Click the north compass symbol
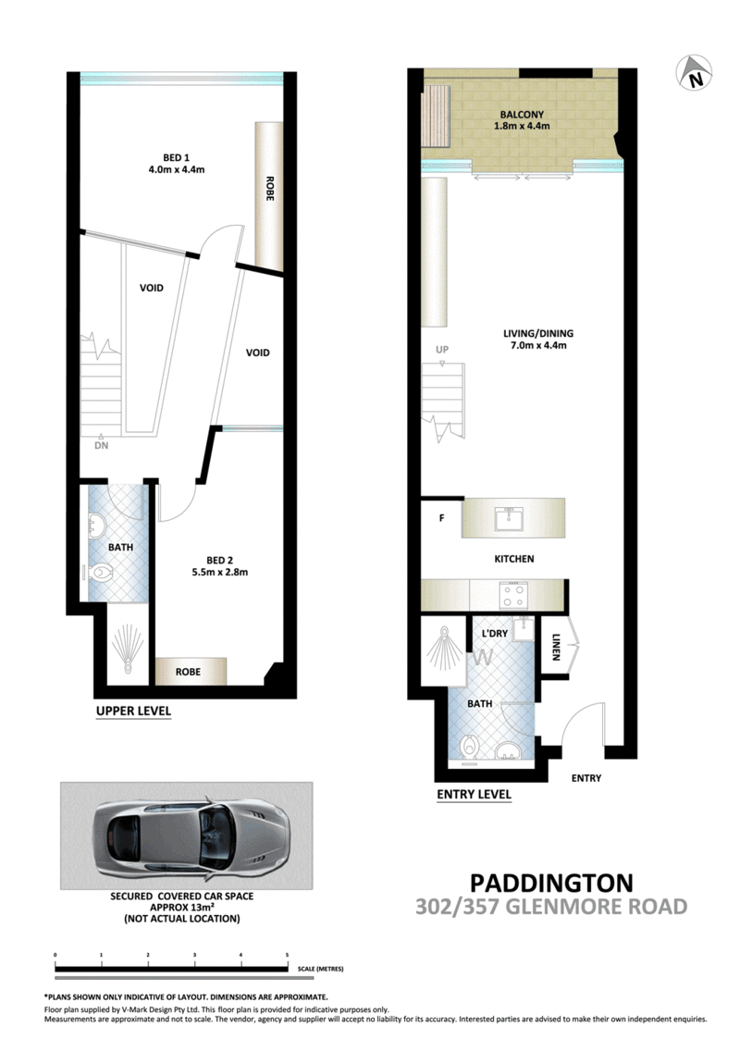tap(694, 74)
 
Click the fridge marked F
tap(441, 518)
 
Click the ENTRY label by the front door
tap(586, 778)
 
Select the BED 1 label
tap(174, 156)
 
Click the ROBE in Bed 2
tap(190, 671)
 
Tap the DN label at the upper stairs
tap(101, 445)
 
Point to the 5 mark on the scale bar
tap(288, 954)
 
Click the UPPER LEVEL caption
tap(133, 711)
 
